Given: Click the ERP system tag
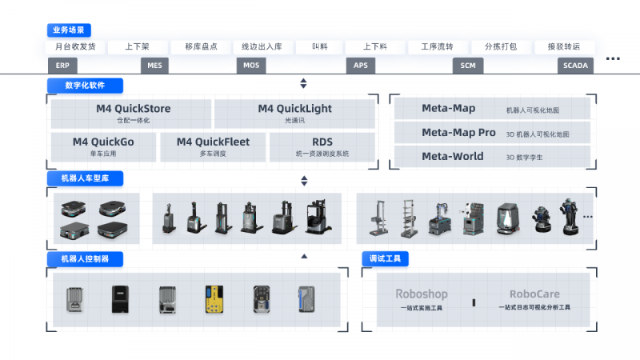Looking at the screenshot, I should click(62, 66).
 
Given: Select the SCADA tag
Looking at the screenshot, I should click(575, 66).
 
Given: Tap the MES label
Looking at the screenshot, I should click(154, 66).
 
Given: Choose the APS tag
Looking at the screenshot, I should click(359, 66).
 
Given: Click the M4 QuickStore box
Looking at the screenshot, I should click(132, 114).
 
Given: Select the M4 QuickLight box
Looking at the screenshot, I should click(294, 114).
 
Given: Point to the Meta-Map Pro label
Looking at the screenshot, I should click(458, 132).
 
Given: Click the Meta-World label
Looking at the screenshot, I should click(452, 156).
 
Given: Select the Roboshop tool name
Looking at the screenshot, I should click(421, 294).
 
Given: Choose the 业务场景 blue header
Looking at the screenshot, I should click(73, 30).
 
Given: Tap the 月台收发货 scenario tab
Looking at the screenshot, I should click(75, 46).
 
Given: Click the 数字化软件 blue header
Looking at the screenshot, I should click(86, 85).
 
